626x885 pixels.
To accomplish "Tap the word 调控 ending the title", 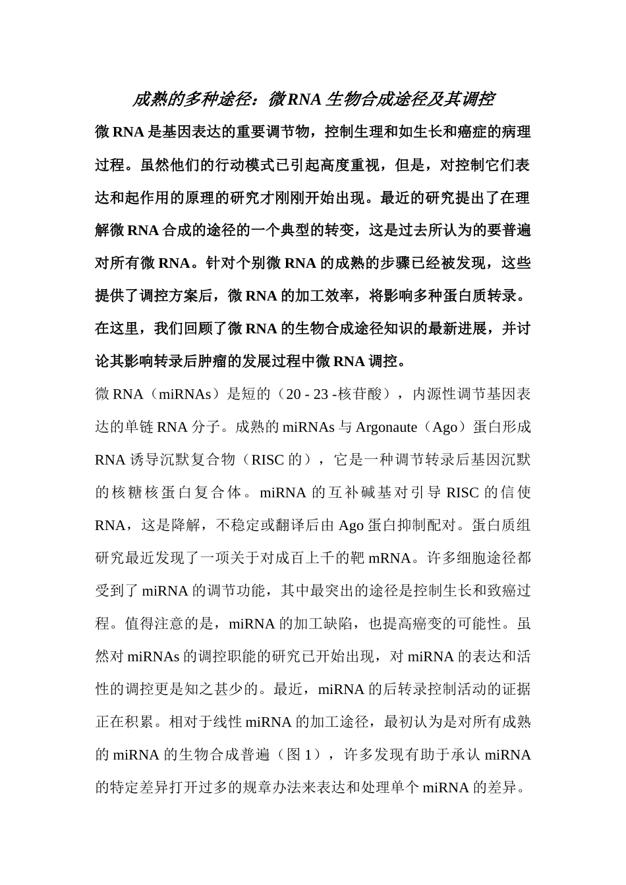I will [478, 99].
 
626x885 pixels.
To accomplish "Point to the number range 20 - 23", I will [307, 394].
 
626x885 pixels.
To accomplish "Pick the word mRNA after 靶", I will [389, 558].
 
